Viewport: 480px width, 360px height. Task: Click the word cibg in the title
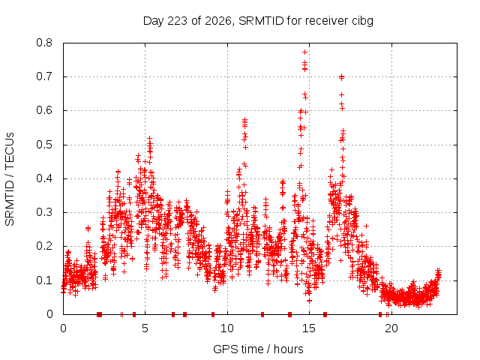point(362,22)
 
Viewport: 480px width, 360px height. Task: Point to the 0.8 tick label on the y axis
point(44,43)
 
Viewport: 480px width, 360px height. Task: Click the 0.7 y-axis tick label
point(44,76)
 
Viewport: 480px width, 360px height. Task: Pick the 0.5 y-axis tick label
point(44,145)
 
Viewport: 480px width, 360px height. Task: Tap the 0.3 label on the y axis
point(44,212)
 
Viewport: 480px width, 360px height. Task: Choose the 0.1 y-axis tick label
point(44,280)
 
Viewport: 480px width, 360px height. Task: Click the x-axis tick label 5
point(145,328)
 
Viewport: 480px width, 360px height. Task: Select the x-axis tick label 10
point(227,328)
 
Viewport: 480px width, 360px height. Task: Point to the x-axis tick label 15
point(309,328)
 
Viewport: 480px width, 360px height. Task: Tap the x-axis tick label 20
point(391,328)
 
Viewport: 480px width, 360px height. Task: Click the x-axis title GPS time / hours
point(258,349)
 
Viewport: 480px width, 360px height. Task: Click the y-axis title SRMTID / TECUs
point(10,179)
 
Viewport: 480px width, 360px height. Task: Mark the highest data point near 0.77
point(305,52)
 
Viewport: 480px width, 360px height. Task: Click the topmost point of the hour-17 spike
point(342,76)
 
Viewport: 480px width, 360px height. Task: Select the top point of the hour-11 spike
point(244,119)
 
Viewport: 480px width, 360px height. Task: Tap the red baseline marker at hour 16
point(325,314)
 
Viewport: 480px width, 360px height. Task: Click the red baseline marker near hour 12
point(262,314)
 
